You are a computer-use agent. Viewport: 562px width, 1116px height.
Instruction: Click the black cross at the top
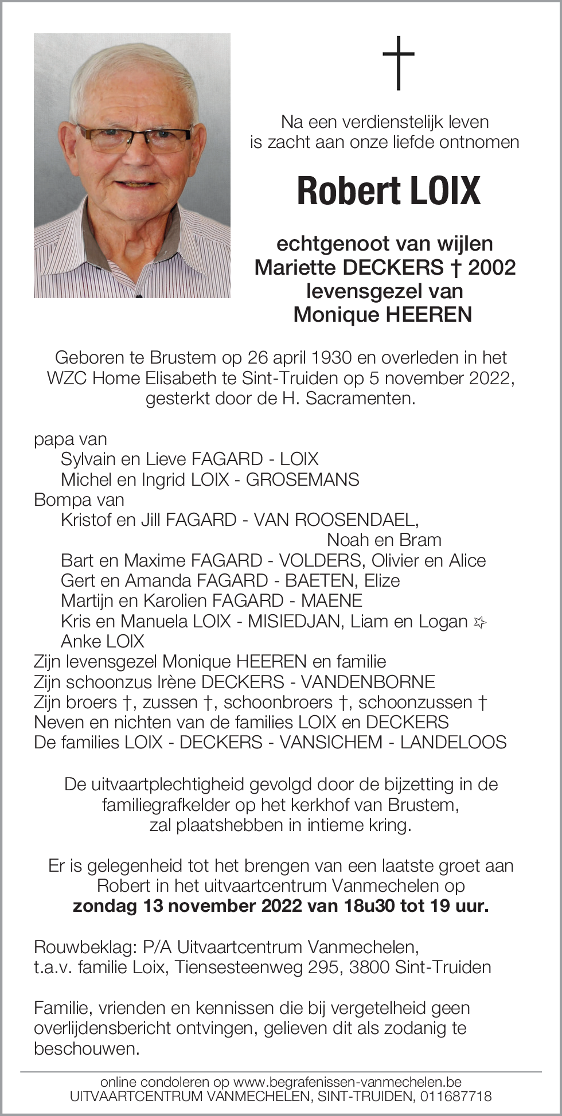399,63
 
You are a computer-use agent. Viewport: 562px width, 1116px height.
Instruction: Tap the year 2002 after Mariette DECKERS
492,267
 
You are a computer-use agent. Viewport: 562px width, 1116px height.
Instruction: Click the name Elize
382,581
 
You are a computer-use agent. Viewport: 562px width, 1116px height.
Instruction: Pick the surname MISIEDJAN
294,622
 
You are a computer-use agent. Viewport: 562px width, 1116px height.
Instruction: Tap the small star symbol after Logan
479,622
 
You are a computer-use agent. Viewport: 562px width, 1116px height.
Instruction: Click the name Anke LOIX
103,642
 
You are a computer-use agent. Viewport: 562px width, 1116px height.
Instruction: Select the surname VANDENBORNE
368,682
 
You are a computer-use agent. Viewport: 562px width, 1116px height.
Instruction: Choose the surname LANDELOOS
453,743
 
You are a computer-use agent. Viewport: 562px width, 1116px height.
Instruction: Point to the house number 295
323,967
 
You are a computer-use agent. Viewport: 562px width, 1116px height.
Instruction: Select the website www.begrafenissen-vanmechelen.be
348,1082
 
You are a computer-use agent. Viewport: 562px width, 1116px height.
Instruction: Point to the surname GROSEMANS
302,480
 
